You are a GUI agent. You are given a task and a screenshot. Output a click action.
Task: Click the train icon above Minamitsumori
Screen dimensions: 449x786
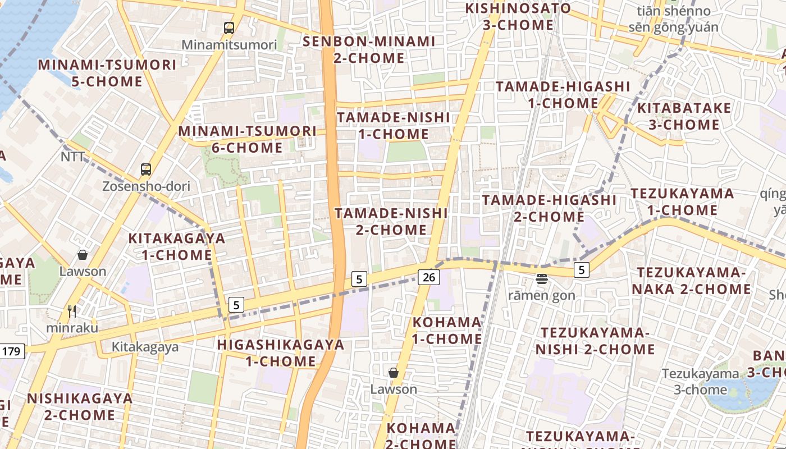coord(229,28)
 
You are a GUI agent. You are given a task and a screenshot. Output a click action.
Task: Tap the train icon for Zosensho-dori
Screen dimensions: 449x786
coord(146,169)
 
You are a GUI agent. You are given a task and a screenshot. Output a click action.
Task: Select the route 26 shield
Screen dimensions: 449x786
coord(428,277)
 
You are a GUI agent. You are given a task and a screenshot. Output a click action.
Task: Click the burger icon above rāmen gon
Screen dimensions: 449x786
coord(542,278)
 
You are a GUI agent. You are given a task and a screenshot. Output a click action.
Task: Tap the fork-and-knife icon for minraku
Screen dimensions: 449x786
coord(71,311)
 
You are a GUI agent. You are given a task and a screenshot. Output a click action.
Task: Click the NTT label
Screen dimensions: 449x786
coord(72,157)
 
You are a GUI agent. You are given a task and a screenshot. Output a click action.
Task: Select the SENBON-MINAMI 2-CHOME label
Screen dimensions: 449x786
coord(369,49)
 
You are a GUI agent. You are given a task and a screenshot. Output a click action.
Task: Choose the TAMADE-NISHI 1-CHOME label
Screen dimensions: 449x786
coord(393,126)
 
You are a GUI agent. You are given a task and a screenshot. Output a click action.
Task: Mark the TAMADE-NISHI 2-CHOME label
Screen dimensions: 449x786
coord(391,221)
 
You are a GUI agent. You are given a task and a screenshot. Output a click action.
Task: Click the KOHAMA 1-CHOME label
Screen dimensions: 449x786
coord(447,331)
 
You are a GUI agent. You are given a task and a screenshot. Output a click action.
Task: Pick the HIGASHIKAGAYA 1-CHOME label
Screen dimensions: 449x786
coord(281,352)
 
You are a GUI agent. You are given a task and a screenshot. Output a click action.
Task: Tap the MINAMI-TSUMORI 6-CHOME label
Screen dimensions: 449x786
coord(248,139)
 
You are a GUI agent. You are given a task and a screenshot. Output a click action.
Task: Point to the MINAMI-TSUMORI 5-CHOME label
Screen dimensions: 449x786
coord(107,73)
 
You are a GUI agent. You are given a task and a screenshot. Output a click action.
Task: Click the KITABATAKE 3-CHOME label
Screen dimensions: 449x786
coord(684,116)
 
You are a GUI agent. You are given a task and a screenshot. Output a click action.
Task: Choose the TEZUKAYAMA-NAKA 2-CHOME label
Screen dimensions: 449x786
coord(694,281)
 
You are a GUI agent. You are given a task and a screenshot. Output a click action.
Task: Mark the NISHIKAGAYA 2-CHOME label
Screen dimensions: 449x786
coord(80,407)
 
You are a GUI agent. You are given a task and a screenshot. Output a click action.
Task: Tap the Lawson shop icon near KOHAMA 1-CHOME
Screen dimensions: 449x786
coord(394,373)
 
